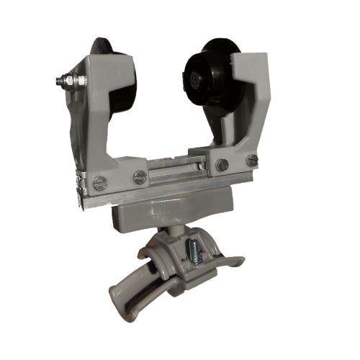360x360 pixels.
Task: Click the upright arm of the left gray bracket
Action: tap(94, 108)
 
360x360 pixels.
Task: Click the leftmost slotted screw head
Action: tap(101, 184)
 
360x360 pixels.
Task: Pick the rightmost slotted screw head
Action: tap(251, 161)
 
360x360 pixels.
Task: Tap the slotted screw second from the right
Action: tap(222, 165)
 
